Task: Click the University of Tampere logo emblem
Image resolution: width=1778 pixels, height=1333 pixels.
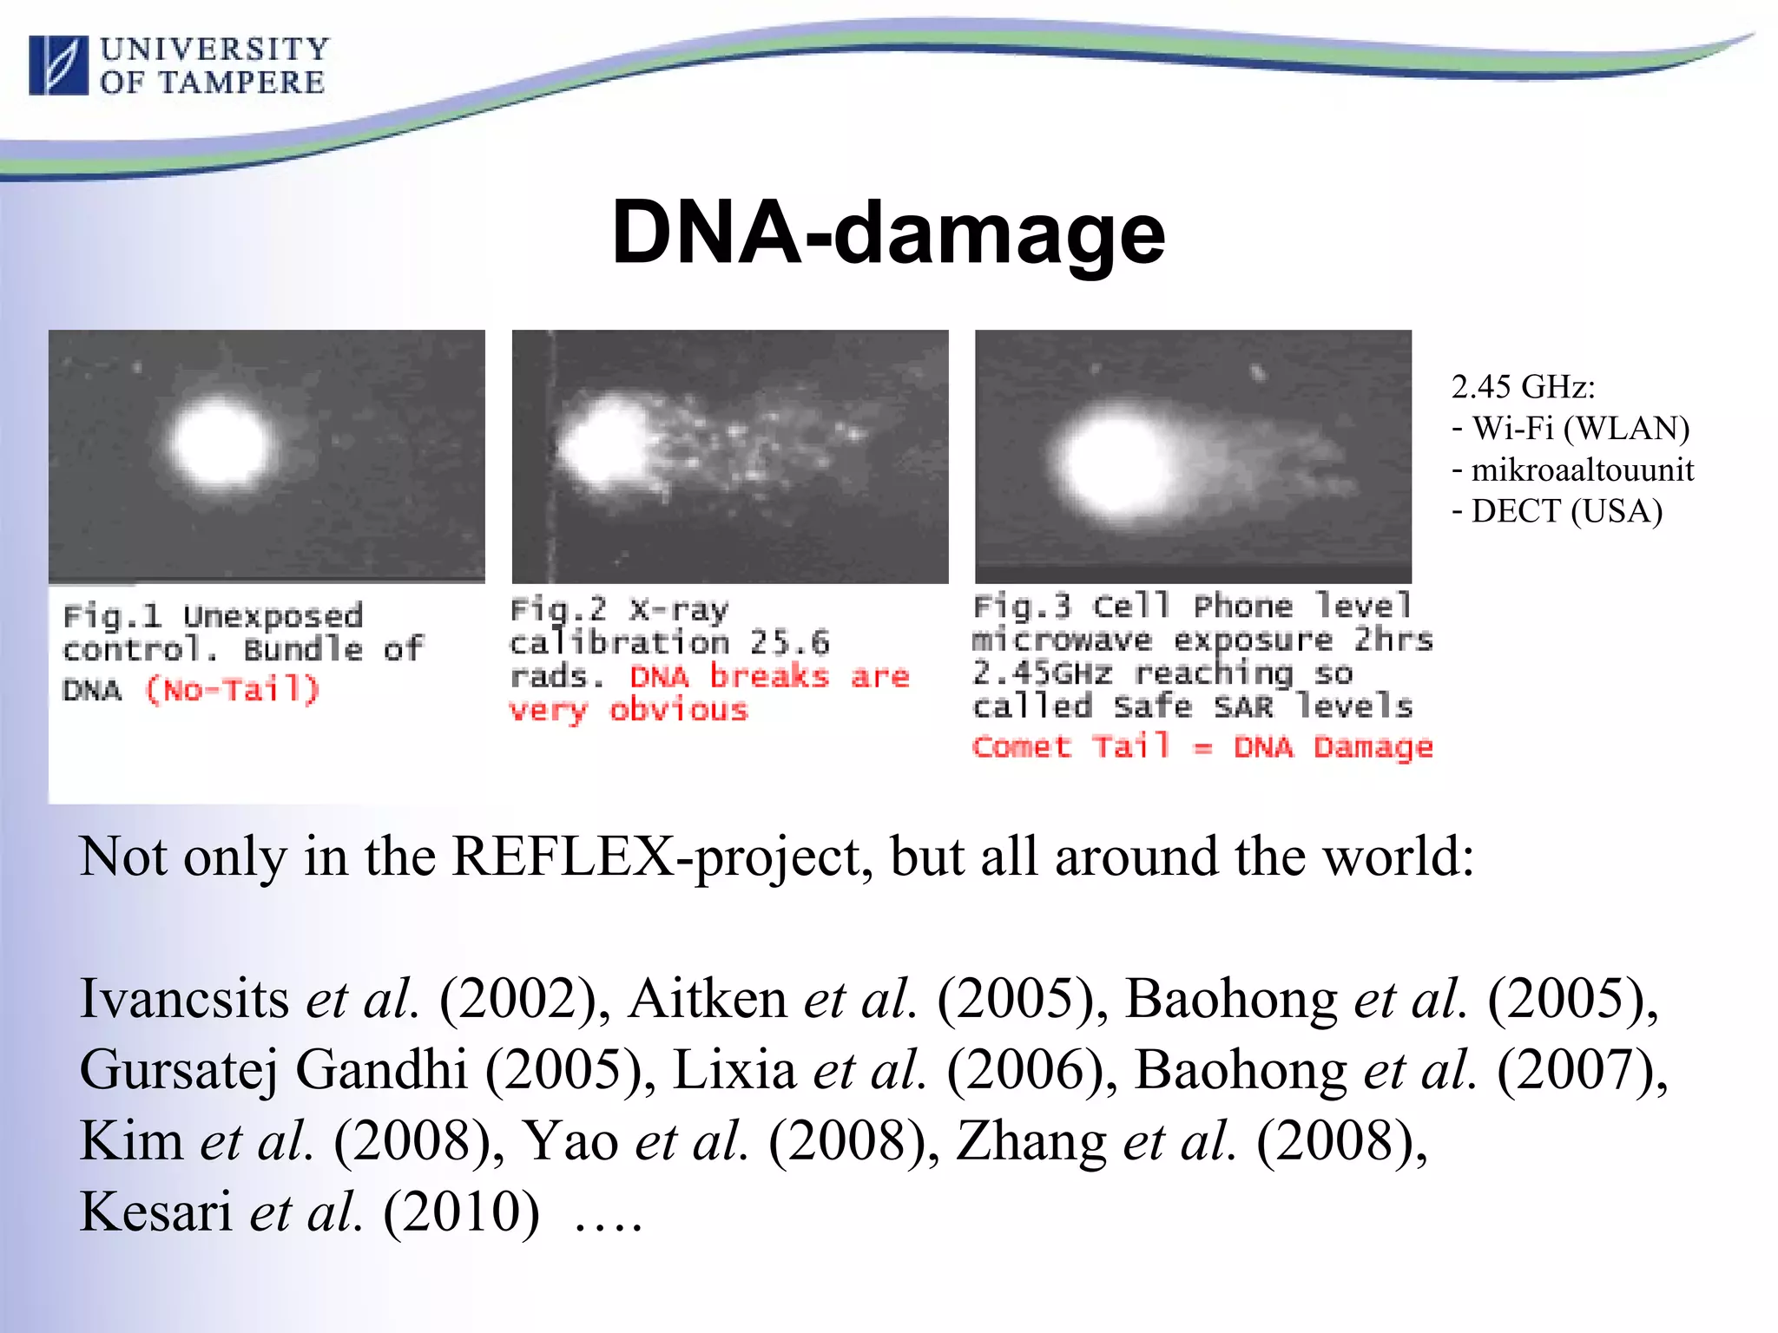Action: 58,65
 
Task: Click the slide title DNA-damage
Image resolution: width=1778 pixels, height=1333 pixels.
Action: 887,233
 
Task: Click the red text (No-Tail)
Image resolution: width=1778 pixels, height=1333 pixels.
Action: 232,691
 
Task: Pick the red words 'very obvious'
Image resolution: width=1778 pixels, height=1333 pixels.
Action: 628,711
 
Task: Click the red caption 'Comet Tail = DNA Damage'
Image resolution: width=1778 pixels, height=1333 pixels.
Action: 1202,747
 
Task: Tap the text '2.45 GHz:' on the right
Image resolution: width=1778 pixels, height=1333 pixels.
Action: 1523,387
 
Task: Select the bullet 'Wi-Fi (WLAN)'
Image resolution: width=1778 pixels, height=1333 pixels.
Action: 1580,429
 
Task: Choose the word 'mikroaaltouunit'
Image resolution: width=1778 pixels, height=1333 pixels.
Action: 1582,470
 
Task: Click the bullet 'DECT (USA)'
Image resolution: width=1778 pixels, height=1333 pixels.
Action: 1566,511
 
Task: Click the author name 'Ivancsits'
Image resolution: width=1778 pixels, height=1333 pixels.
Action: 184,998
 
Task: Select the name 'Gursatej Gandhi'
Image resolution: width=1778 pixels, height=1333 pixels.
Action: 273,1069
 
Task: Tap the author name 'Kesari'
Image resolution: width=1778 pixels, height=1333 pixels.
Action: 155,1212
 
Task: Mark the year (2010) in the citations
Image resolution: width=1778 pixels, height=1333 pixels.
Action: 461,1212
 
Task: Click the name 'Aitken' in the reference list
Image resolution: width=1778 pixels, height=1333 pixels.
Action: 707,998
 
